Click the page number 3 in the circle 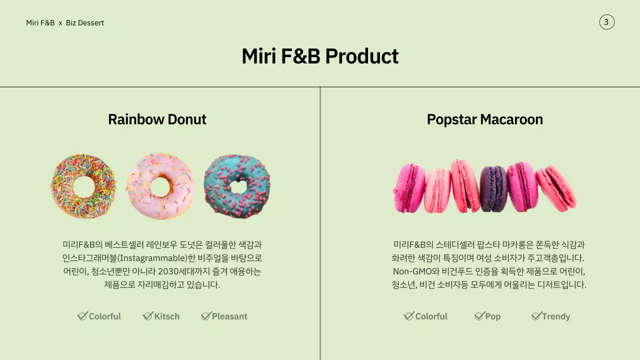(x=606, y=22)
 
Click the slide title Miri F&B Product (x=320, y=56)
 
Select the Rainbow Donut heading (x=157, y=119)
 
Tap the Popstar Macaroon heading (x=484, y=119)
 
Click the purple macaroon (x=493, y=188)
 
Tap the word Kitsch (x=166, y=316)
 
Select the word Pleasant (x=229, y=316)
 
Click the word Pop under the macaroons (x=492, y=316)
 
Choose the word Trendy (x=556, y=316)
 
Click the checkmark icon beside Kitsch (x=147, y=316)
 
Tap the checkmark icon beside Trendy (x=536, y=316)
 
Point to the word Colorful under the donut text (x=105, y=316)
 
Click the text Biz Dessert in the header (x=85, y=22)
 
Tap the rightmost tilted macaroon (x=556, y=188)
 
